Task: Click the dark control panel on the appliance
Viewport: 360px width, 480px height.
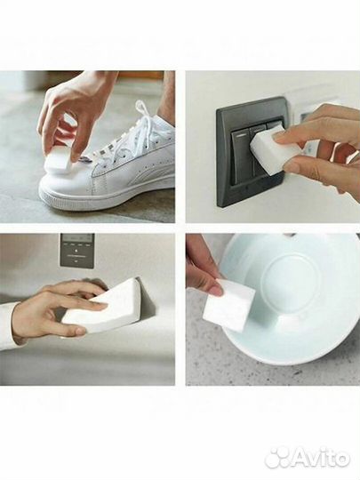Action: click(x=77, y=251)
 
